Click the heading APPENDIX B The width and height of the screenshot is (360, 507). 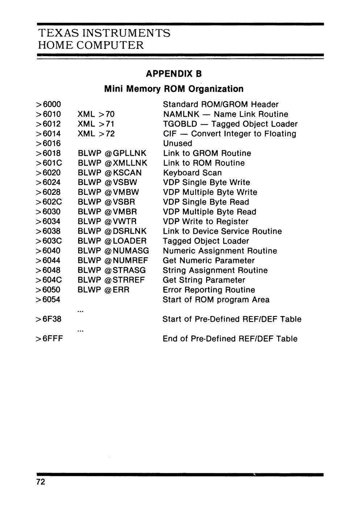(173, 74)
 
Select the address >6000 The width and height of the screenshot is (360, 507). (49, 105)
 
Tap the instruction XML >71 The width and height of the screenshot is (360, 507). (96, 124)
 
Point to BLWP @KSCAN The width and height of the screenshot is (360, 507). (110, 173)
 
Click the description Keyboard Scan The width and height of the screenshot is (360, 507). (192, 173)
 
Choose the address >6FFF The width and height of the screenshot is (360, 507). (50, 339)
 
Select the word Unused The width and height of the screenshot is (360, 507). (177, 144)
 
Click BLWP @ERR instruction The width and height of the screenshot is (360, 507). (103, 290)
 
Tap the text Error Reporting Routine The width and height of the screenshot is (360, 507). (209, 290)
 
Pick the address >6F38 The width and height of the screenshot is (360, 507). (49, 319)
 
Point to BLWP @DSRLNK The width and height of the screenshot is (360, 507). (112, 231)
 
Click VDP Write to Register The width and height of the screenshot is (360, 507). (205, 222)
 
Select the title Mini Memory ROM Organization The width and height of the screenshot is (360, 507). (174, 89)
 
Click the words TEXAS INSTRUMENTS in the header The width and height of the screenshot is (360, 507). (104, 33)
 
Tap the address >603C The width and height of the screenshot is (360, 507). (49, 241)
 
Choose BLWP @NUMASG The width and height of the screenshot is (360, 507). (113, 251)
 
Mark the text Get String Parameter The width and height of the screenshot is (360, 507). (204, 280)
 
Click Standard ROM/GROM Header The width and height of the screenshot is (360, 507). (221, 105)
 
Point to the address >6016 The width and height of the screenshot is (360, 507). (49, 144)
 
